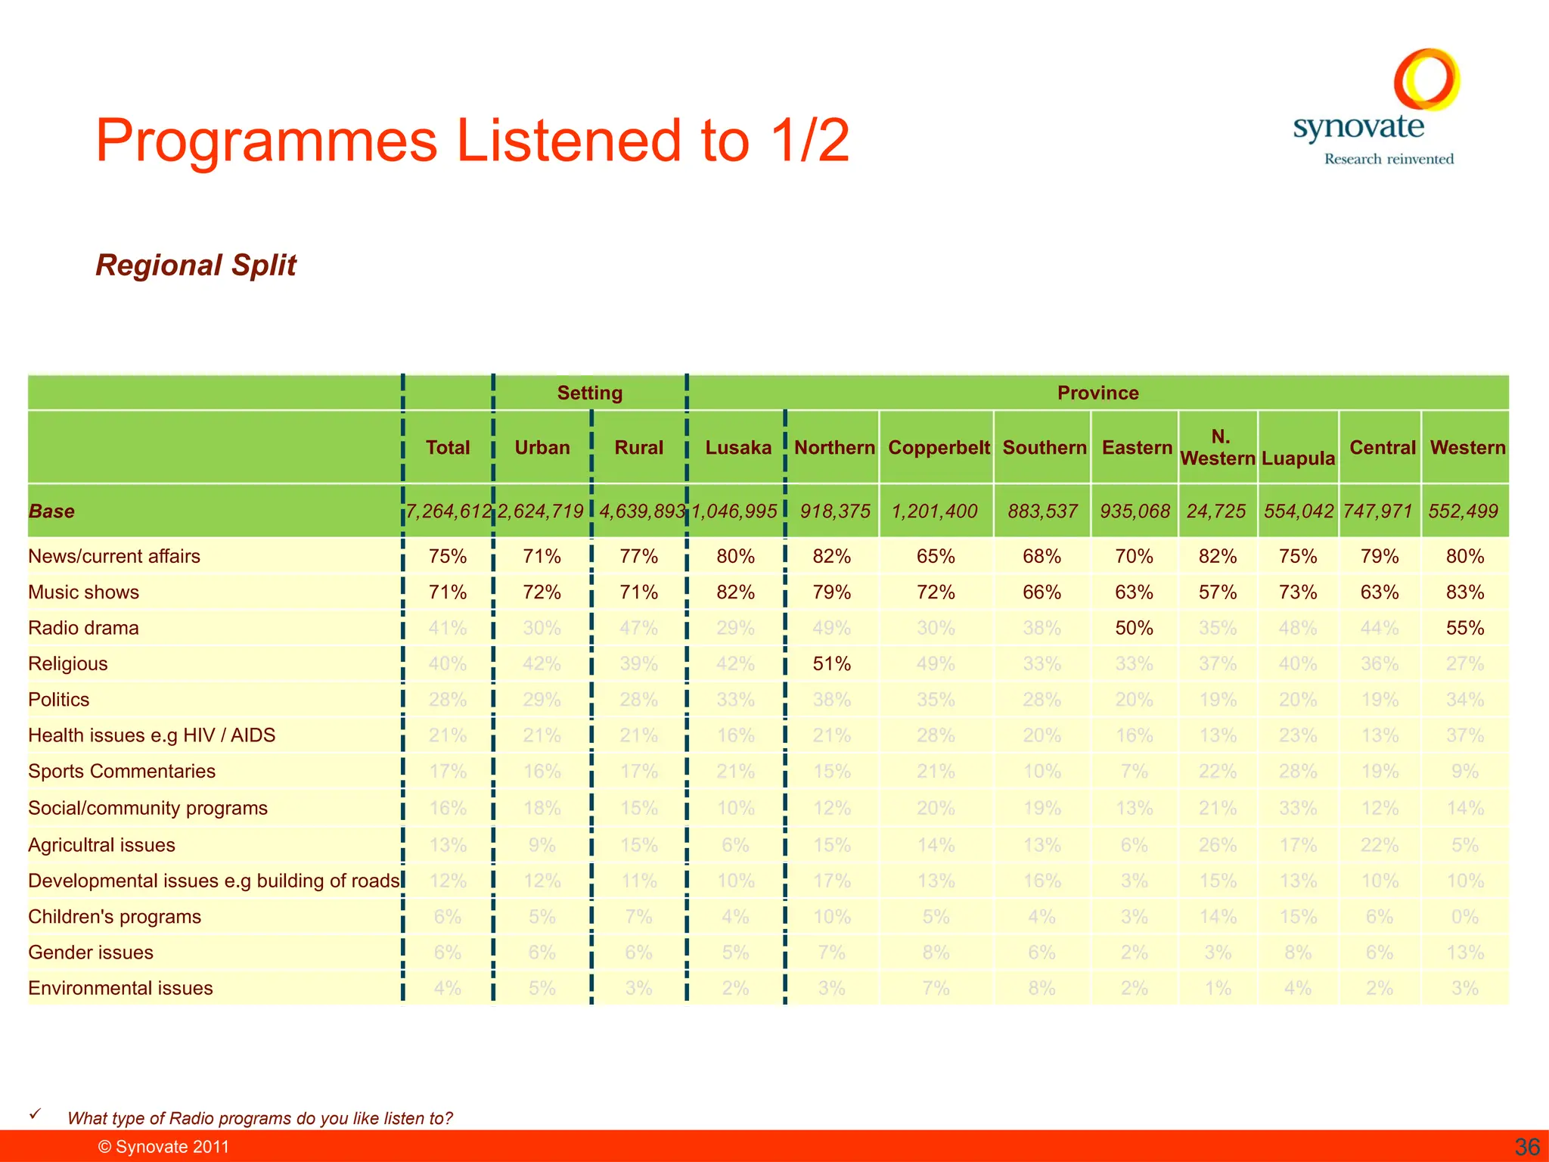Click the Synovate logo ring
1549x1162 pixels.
pyautogui.click(x=1426, y=79)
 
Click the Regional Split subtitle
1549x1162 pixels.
pyautogui.click(x=196, y=266)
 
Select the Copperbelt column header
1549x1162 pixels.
pyautogui.click(x=938, y=448)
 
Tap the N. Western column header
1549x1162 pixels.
pyautogui.click(x=1218, y=448)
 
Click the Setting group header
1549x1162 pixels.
pyautogui.click(x=589, y=393)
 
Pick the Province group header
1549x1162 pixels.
pyautogui.click(x=1097, y=393)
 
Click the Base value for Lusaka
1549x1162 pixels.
pyautogui.click(x=735, y=511)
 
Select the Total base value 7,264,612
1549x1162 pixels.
pyautogui.click(x=448, y=511)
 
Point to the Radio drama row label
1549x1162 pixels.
pyautogui.click(x=83, y=628)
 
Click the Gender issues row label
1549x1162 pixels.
pyautogui.click(x=91, y=952)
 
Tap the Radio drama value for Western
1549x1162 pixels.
pyautogui.click(x=1464, y=628)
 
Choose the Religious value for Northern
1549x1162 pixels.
pyautogui.click(x=832, y=664)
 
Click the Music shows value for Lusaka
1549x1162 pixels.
pyautogui.click(x=735, y=592)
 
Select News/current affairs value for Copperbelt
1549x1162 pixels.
pyautogui.click(x=936, y=557)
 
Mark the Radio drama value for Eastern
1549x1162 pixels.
pyautogui.click(x=1134, y=628)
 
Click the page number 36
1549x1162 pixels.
pyautogui.click(x=1527, y=1147)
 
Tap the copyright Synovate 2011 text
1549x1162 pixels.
pyautogui.click(x=163, y=1147)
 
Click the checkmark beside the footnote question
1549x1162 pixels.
pyautogui.click(x=35, y=1114)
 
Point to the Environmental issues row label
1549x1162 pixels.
pyautogui.click(x=120, y=988)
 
